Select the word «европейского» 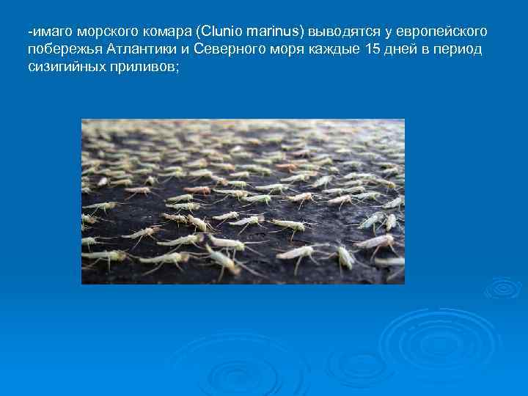442,33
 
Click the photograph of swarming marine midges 243,202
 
